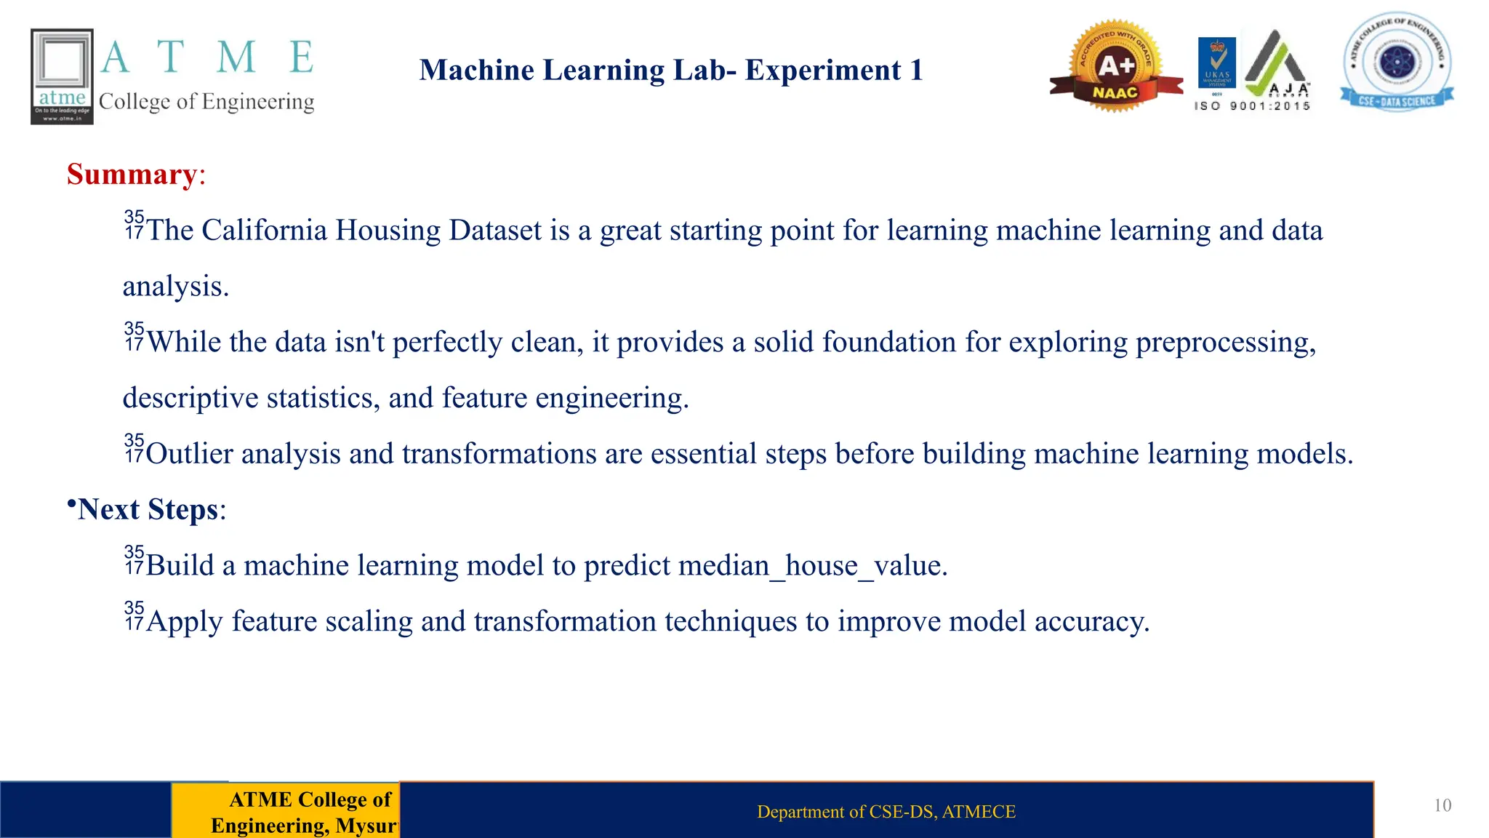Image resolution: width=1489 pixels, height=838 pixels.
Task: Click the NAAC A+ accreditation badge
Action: (1115, 68)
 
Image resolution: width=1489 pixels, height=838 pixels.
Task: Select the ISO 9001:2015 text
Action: (1252, 106)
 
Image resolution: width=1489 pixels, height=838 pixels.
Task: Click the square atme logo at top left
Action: (62, 76)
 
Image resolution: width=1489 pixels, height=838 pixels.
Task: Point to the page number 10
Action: (1442, 805)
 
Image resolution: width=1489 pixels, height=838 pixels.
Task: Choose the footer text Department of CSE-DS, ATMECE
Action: (886, 812)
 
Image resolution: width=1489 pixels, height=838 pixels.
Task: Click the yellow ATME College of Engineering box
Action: (286, 811)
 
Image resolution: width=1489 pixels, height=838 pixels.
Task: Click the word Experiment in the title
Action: (822, 71)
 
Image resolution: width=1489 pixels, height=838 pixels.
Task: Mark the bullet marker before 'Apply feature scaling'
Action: (134, 615)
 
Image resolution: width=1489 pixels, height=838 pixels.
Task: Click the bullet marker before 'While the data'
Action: (134, 336)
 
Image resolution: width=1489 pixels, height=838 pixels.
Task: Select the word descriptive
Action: (190, 398)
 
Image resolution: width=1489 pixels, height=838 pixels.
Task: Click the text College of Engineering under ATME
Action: (206, 102)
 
